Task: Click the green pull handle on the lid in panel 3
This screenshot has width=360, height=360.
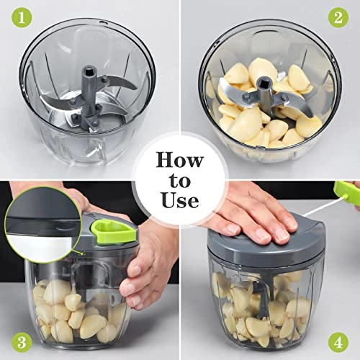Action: click(x=104, y=231)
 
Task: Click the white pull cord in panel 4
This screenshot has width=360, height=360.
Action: click(x=317, y=208)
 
